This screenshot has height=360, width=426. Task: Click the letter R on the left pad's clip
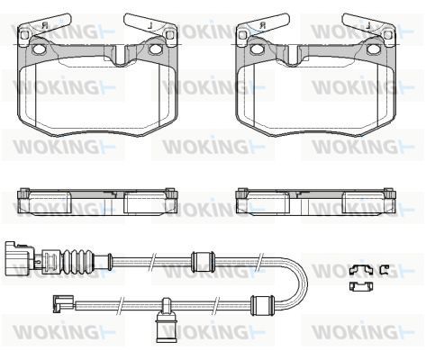[45, 25]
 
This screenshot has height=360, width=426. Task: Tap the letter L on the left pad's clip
[151, 26]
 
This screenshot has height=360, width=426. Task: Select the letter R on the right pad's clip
[263, 25]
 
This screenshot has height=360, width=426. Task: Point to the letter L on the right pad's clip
[369, 26]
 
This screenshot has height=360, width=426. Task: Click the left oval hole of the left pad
[38, 49]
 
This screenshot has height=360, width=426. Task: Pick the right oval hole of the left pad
[156, 49]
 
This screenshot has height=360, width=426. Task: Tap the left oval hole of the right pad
[256, 49]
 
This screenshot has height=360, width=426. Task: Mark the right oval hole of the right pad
[374, 49]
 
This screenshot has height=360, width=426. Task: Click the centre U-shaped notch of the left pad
[120, 56]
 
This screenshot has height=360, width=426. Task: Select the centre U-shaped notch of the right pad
[294, 56]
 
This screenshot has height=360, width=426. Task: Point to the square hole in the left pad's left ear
[23, 35]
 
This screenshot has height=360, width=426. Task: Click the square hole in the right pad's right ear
[388, 35]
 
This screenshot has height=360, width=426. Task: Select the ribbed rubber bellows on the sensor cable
[78, 261]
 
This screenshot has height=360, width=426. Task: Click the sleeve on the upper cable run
[203, 262]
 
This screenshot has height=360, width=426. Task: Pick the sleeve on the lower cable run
[262, 305]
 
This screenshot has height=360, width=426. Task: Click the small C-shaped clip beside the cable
[384, 270]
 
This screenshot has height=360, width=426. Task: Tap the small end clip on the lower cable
[63, 303]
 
